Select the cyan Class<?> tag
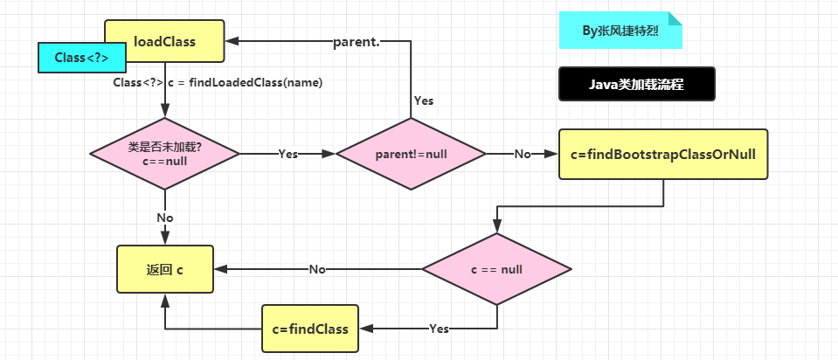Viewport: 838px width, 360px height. click(x=82, y=58)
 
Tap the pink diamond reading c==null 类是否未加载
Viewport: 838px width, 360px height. click(x=165, y=153)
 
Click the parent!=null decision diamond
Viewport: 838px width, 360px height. click(x=411, y=154)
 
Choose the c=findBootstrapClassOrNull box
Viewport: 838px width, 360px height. click(x=663, y=154)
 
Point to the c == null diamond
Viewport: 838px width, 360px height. click(x=496, y=269)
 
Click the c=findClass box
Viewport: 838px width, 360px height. click(x=309, y=329)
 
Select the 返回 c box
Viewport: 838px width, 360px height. click(x=165, y=269)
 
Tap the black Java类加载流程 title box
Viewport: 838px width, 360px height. click(x=636, y=85)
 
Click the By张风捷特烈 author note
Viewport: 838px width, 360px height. click(x=620, y=31)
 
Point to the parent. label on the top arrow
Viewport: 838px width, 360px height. click(x=357, y=42)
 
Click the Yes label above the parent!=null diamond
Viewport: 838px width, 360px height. click(x=423, y=100)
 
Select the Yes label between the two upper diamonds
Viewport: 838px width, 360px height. click(x=287, y=154)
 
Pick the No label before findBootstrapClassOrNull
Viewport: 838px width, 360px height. click(x=523, y=154)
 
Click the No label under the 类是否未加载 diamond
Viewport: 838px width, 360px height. click(x=165, y=217)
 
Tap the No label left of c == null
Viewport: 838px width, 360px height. click(x=317, y=269)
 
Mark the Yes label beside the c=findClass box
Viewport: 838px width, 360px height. click(x=439, y=329)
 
